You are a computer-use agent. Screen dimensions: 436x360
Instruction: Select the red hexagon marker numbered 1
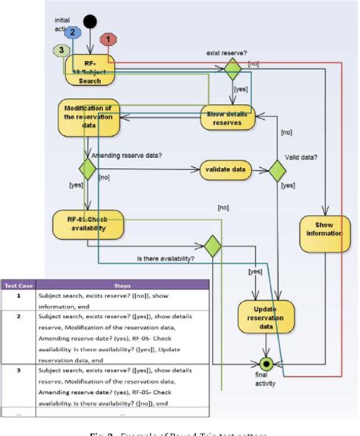[109, 39]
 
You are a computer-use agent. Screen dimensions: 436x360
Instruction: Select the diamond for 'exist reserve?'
[230, 70]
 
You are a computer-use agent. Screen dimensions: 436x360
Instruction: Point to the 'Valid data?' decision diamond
[280, 169]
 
